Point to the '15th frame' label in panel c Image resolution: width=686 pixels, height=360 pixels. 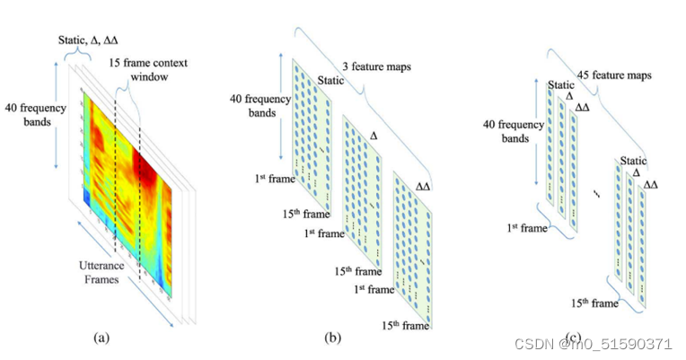click(x=593, y=303)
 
